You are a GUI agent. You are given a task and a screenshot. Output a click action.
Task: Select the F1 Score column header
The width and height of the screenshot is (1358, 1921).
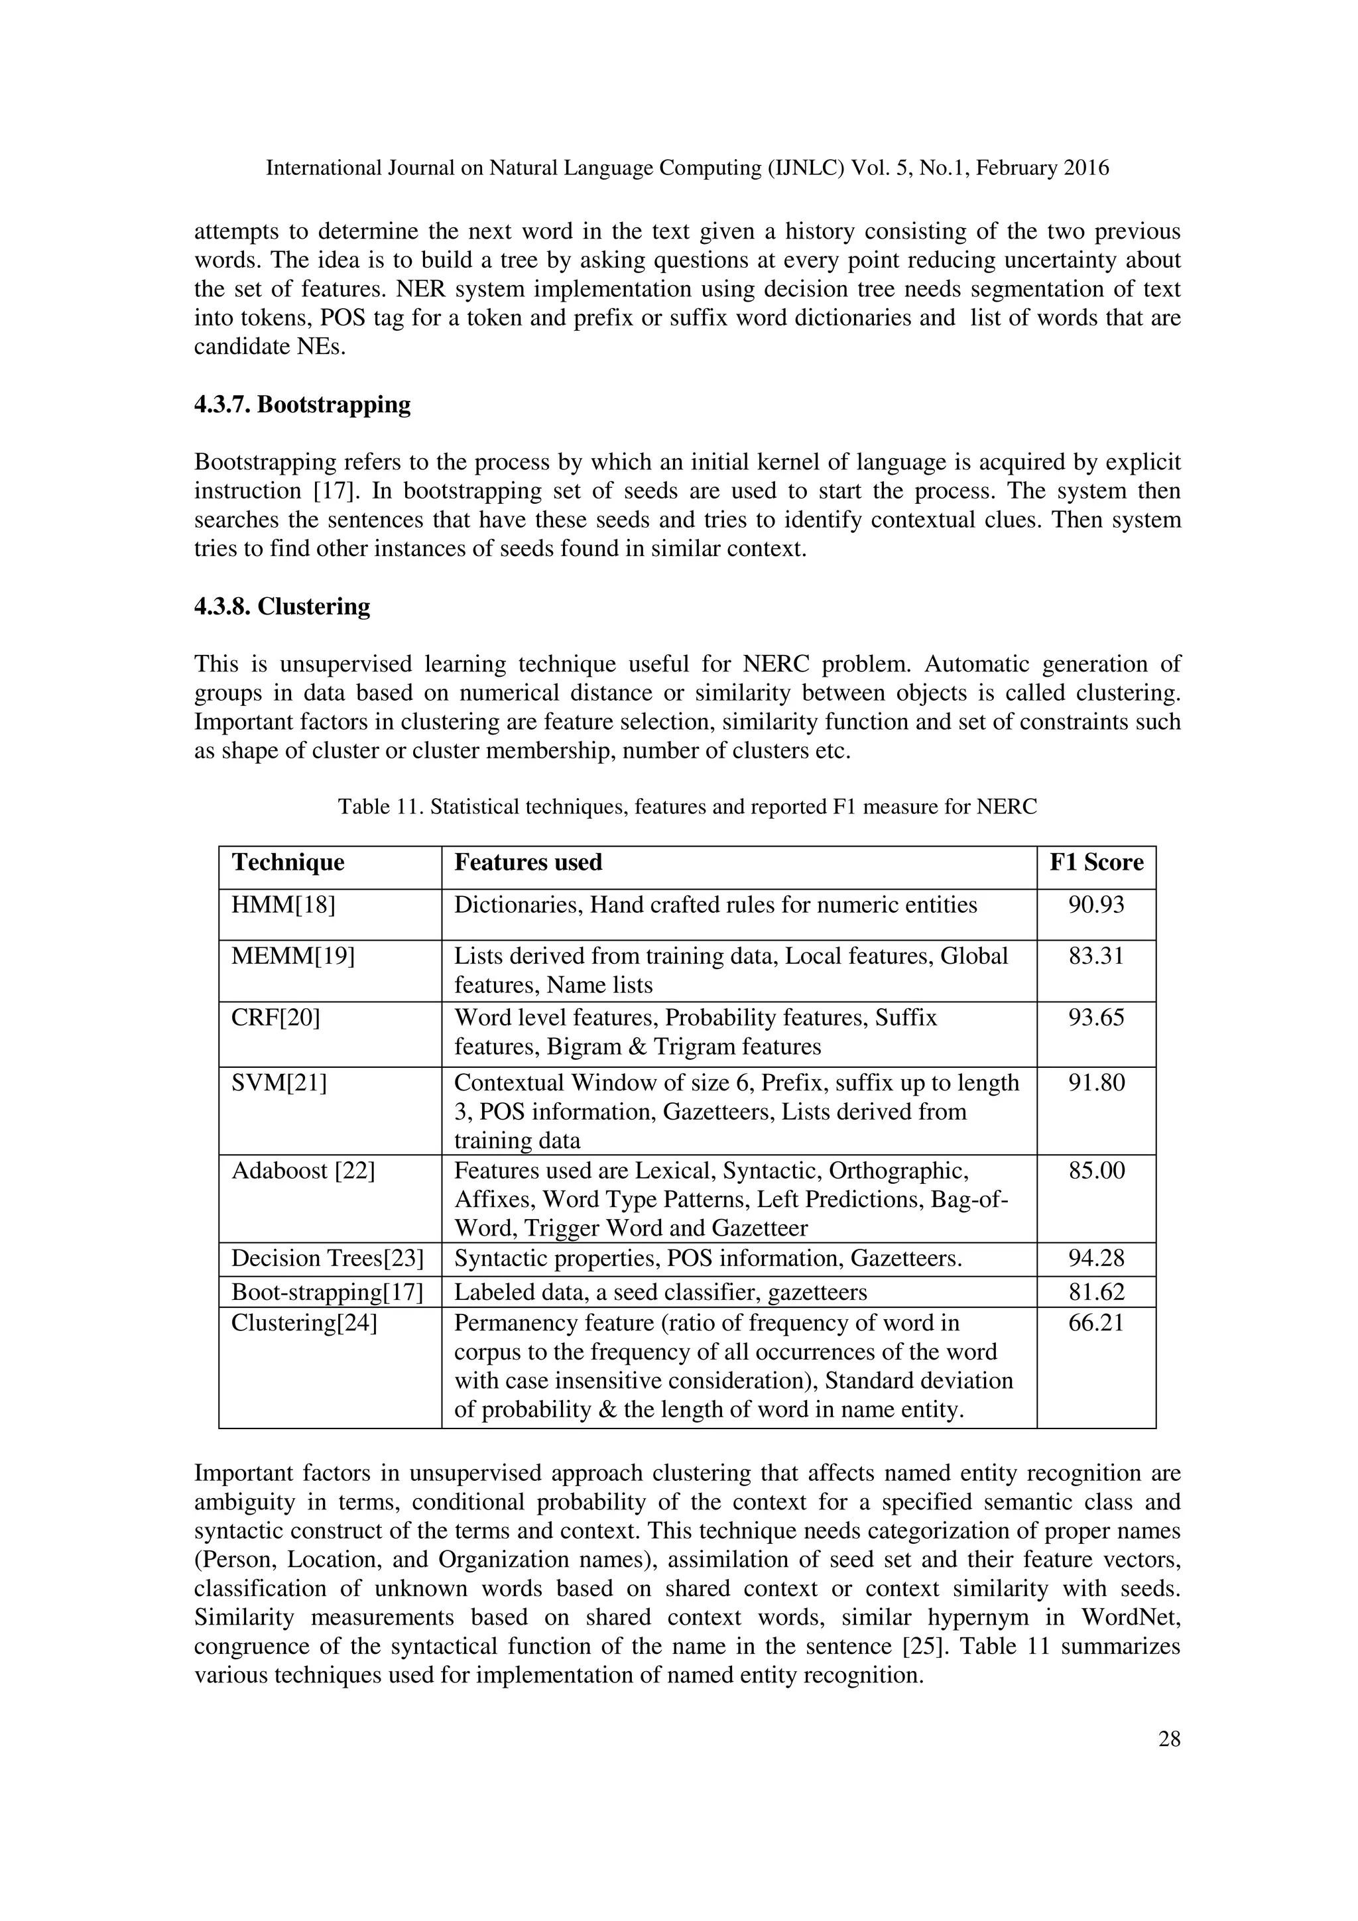point(1096,862)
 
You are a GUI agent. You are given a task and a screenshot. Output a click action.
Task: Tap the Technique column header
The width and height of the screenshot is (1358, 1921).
point(288,862)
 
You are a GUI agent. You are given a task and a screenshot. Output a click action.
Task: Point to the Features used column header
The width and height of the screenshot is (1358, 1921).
point(528,862)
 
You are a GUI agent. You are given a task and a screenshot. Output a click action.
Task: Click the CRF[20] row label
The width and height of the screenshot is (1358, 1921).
point(275,1018)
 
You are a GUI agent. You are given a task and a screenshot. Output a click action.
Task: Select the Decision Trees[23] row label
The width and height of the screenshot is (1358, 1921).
point(327,1258)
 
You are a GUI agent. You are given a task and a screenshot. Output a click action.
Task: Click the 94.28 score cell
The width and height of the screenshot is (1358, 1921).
point(1096,1257)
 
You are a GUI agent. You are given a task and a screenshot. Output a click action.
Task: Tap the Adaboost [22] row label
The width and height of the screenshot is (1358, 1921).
point(303,1170)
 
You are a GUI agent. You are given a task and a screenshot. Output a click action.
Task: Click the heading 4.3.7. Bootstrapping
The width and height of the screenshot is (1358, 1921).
point(302,405)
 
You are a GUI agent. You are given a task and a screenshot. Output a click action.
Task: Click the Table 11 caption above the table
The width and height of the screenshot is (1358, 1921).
point(687,807)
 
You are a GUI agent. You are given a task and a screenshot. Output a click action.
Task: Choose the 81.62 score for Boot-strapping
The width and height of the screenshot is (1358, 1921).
point(1096,1292)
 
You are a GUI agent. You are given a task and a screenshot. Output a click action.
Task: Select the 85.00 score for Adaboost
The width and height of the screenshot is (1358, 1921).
point(1096,1170)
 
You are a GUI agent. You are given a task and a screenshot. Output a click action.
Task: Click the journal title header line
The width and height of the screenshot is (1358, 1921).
point(687,168)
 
